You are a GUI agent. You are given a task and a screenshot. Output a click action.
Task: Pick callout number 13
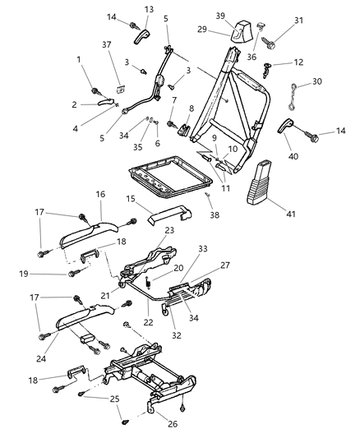[x=149, y=9]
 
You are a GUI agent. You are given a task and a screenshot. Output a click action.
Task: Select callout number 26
[x=173, y=426]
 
